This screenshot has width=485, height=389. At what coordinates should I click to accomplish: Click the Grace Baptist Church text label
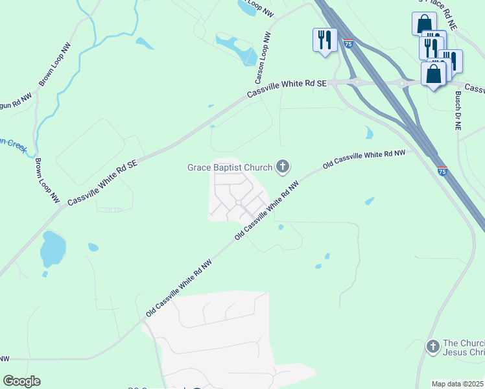coord(230,168)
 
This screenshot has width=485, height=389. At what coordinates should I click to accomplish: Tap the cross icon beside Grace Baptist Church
coord(282,167)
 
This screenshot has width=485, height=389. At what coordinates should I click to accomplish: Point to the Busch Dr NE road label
coord(457,111)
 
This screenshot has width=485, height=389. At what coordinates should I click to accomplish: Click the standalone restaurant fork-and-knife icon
coord(324,40)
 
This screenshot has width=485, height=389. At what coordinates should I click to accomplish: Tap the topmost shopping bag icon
coord(423,24)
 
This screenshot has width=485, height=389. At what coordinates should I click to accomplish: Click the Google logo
coord(21,381)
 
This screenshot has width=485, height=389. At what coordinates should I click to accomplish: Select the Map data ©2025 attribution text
coord(458,384)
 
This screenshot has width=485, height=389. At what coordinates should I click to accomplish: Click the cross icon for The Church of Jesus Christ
coord(432,347)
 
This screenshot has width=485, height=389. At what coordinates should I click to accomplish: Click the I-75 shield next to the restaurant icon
coord(349,43)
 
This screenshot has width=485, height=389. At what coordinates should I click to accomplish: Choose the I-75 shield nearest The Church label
coord(442,171)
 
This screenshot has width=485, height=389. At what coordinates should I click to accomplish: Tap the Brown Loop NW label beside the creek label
coord(38,178)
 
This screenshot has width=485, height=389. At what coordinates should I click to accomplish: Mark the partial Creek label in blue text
coord(13,144)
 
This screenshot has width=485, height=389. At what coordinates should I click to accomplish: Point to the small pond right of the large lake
coord(93,247)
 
